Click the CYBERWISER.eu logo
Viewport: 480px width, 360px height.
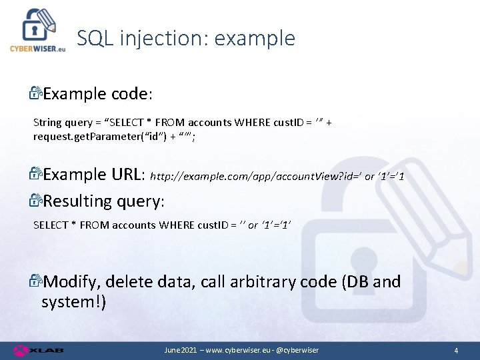pos(37,30)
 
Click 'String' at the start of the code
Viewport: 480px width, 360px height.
pos(47,122)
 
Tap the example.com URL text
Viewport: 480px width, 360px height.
pos(277,177)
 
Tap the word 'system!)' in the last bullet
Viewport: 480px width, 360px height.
pos(73,302)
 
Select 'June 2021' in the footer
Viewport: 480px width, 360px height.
pos(181,350)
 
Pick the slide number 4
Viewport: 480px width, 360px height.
pos(455,350)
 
